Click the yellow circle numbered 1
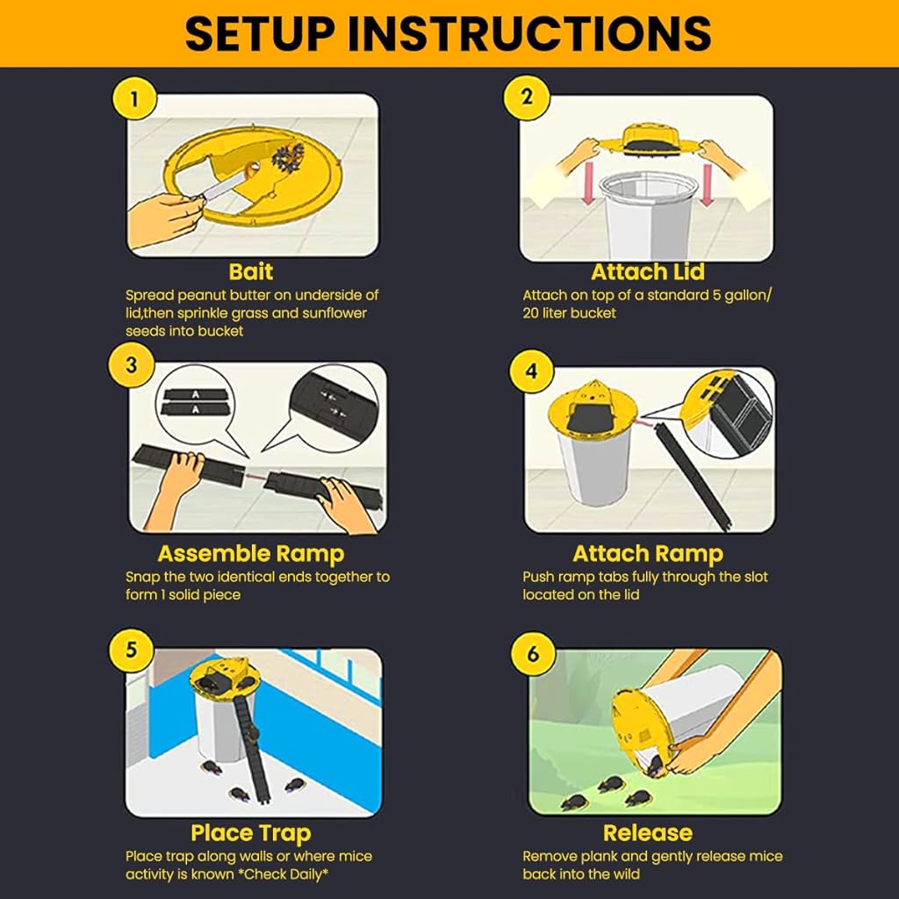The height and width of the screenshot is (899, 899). point(134,99)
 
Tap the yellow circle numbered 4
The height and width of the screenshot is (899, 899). point(531,370)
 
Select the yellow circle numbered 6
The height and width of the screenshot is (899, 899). point(533,653)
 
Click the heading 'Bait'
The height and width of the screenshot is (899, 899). point(250,271)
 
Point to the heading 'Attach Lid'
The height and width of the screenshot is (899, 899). point(648,271)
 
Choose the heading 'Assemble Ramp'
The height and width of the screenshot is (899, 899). point(250,554)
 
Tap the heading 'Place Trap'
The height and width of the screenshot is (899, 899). point(250,833)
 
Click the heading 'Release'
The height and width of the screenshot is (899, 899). point(648,833)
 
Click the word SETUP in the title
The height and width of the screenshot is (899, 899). point(260,33)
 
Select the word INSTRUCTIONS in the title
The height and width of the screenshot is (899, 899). point(529,33)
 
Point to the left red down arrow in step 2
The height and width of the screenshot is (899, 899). point(588,184)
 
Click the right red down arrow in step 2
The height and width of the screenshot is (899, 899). point(707,184)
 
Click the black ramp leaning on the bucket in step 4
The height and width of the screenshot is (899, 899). point(695,476)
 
